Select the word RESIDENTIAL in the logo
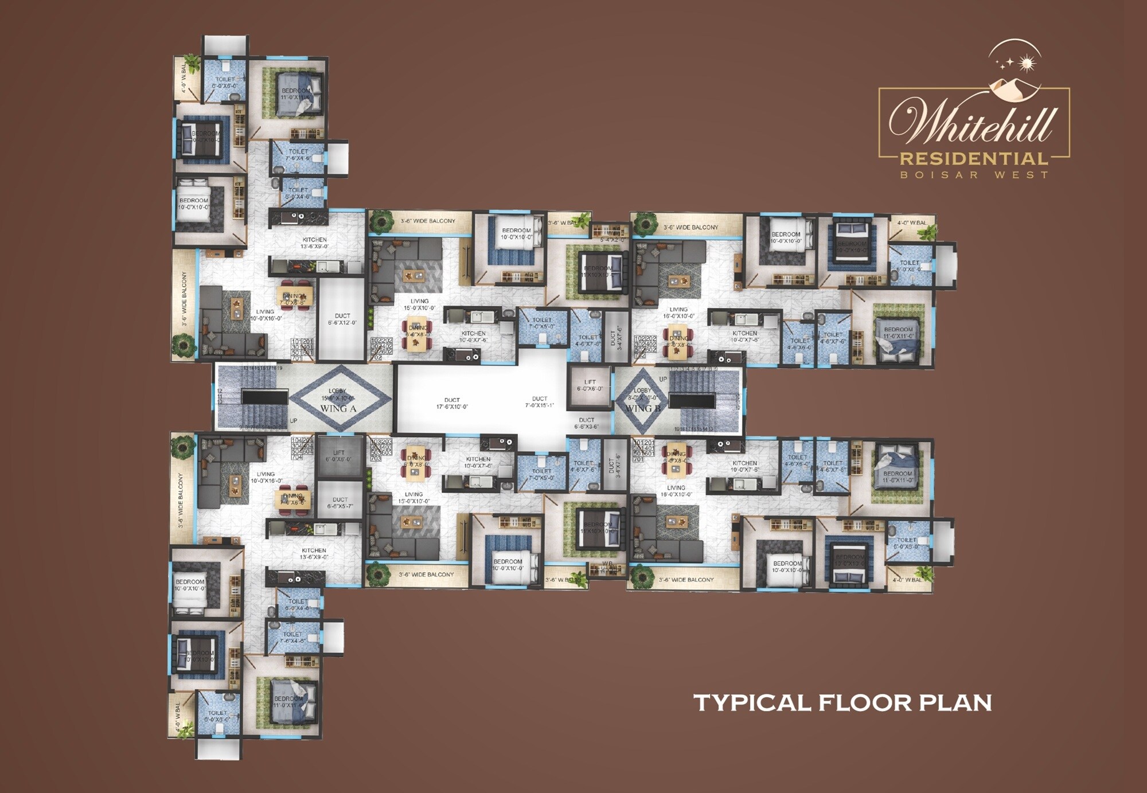coord(974,159)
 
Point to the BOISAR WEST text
coord(974,175)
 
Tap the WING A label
coord(338,408)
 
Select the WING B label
coord(643,408)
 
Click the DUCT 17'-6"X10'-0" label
coord(452,403)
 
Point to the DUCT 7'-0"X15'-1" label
coord(539,402)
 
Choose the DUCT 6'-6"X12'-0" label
coord(342,319)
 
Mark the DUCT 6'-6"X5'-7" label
coord(340,503)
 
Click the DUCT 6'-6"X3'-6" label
coord(587,423)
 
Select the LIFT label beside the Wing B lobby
coord(590,385)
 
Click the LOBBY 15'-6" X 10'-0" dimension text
coord(338,397)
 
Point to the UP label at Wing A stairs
coord(293,421)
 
